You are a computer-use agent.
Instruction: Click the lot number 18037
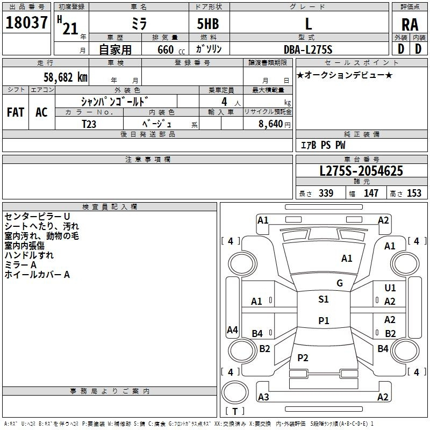point(26,23)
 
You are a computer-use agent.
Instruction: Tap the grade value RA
point(410,24)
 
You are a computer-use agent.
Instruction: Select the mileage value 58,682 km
point(60,77)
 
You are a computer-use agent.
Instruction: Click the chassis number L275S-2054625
point(361,171)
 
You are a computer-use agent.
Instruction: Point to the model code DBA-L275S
point(308,49)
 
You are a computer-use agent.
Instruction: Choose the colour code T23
point(90,124)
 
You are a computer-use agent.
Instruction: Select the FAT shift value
point(16,112)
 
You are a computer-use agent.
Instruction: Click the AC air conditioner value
point(41,112)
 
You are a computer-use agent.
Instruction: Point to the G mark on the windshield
point(340,283)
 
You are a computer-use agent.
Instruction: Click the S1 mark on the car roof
point(323,299)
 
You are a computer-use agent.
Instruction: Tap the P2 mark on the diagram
point(303,358)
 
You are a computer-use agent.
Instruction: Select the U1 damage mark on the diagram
point(390,288)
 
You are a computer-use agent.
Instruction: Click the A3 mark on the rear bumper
point(263,397)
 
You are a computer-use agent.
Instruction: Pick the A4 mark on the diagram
point(232,330)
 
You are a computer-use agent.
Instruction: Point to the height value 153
point(414,193)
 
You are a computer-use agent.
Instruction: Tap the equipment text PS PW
point(333,145)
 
